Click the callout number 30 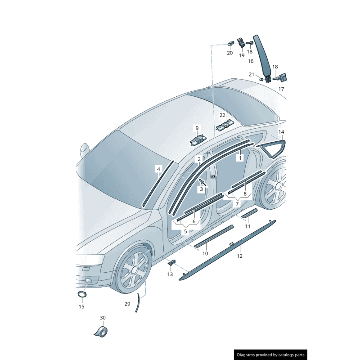(103, 318)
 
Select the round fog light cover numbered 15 (81, 294)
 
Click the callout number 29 (127, 304)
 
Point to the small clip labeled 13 (172, 263)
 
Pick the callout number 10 (205, 253)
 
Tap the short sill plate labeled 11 (250, 213)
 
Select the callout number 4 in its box (158, 169)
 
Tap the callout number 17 (281, 89)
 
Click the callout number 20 (229, 53)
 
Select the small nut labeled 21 (261, 79)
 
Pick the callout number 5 (185, 231)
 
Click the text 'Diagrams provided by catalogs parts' (270, 355)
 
